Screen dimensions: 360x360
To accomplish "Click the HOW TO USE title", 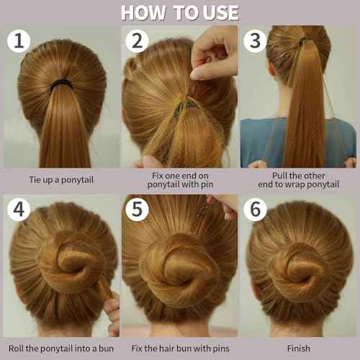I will [x=179, y=12].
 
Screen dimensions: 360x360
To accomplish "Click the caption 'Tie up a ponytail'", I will [x=60, y=179].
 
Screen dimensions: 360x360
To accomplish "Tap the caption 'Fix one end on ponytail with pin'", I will [x=179, y=179].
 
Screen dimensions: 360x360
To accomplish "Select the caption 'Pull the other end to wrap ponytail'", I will [x=297, y=179].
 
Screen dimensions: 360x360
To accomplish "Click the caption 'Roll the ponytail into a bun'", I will [x=60, y=348].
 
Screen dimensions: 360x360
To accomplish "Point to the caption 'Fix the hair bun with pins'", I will [x=179, y=348].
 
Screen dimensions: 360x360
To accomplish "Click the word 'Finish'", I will [x=297, y=348].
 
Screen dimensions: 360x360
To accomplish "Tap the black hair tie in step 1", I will [x=60, y=84].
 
